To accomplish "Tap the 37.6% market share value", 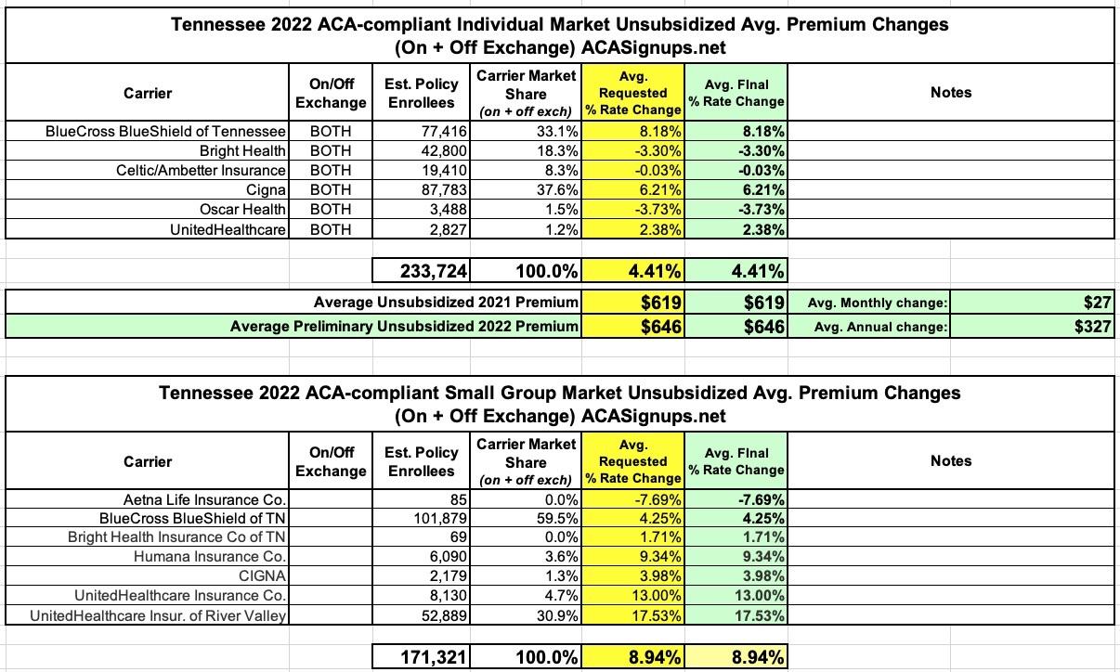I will point(556,190).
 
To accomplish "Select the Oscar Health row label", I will point(242,210).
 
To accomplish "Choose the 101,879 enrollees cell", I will point(437,519).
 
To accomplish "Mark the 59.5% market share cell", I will point(556,519).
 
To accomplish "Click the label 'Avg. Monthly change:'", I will point(878,303).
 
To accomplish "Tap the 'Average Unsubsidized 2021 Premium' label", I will point(446,303).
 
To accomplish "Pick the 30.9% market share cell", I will point(556,615).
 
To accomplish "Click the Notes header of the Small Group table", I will point(950,460).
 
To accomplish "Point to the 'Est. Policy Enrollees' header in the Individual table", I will point(421,92).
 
